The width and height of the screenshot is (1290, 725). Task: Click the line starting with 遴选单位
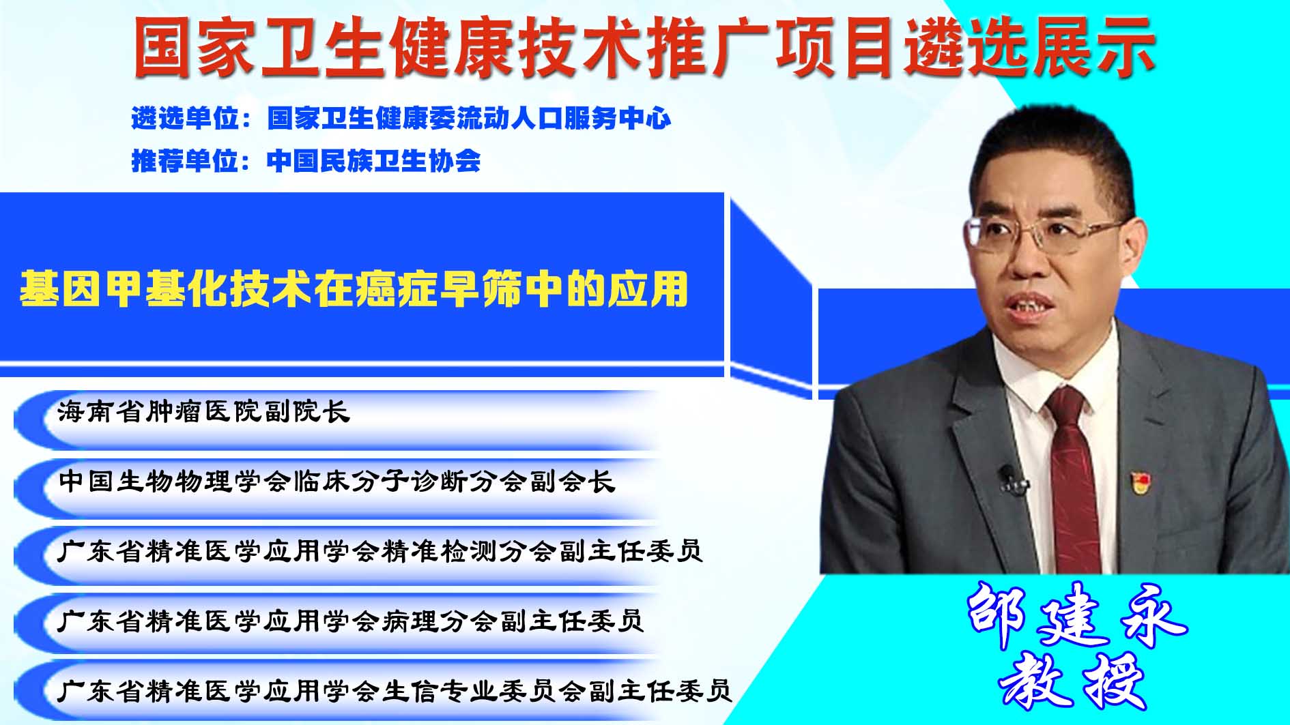point(401,119)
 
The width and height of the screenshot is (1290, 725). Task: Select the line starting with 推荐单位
point(306,161)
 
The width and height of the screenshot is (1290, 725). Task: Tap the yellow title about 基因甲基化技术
point(354,289)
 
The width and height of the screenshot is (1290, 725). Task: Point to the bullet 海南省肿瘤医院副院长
point(203,412)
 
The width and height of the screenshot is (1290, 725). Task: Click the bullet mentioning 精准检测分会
point(380,551)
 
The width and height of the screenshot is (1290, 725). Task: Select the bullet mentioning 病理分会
point(351,621)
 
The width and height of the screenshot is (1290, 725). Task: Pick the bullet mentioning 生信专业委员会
point(395,691)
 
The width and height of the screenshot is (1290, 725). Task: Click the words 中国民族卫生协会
point(373,161)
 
